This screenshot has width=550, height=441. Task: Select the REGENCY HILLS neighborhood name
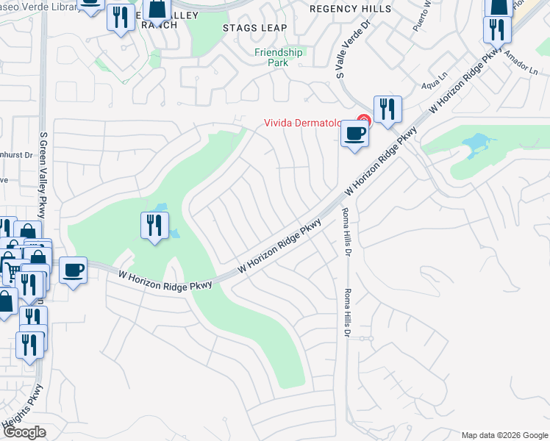[x=341, y=9]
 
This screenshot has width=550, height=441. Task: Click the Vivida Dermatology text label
[x=304, y=123]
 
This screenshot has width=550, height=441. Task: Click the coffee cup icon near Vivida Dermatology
[x=355, y=135]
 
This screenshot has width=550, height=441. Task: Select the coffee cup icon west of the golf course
[x=73, y=270]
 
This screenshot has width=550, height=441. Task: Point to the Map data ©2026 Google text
[x=504, y=435]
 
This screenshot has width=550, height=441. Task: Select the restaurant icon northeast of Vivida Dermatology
[x=387, y=110]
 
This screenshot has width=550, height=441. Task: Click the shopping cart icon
[x=12, y=270]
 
